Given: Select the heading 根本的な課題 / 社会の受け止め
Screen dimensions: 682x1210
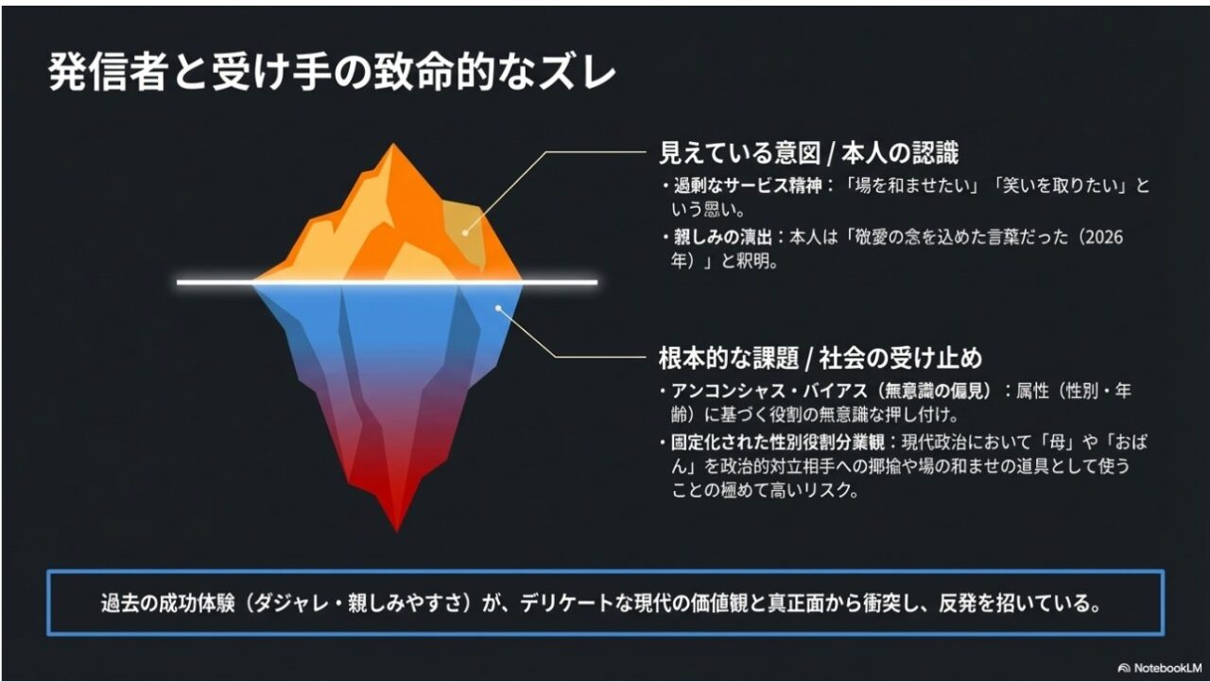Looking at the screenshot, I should [821, 358].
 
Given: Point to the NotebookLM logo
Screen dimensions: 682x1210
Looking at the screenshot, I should [1160, 668].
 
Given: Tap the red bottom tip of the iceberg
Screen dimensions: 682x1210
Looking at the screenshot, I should [396, 525].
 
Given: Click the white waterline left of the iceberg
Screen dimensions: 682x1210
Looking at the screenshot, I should [214, 282].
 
